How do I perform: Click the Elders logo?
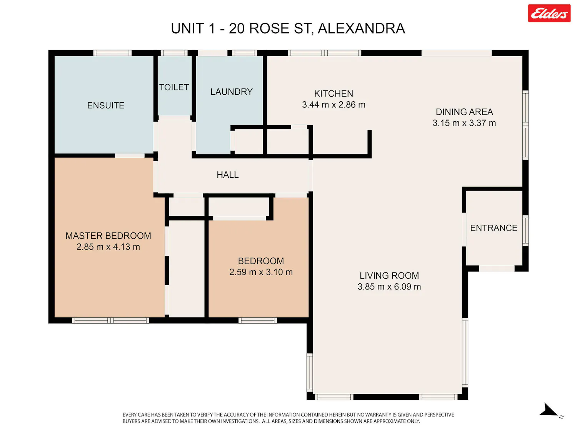coord(549,13)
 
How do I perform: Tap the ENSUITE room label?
coord(106,105)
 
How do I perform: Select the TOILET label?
coord(174,87)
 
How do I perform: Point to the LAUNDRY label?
coord(231,92)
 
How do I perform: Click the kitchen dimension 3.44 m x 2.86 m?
coord(334,105)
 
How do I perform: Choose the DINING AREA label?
coord(464,112)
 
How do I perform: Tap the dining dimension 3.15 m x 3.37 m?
coord(464,123)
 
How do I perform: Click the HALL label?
coord(228,175)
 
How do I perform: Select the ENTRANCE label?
coord(494,228)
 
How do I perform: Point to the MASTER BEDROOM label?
coord(108,236)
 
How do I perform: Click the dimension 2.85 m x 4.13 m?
coord(108,247)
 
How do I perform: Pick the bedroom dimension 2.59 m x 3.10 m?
coord(261,272)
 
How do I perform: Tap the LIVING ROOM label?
coord(389,276)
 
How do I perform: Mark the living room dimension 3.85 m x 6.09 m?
coord(389,287)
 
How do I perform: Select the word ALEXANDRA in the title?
coord(362,28)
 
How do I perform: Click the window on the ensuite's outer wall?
coord(112,53)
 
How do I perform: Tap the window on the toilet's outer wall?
coord(174,53)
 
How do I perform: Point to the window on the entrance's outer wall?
coord(525,231)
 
